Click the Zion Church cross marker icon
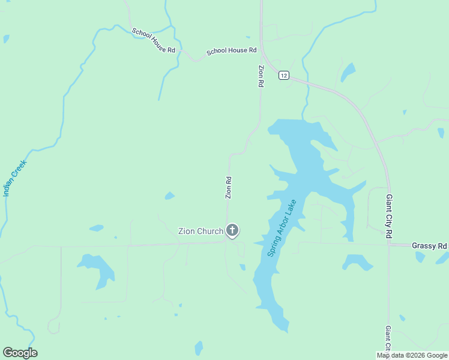[x=232, y=230]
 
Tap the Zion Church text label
[x=200, y=231]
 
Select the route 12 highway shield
[x=284, y=75]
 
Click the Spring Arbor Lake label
[x=282, y=228]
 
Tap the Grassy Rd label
[x=430, y=246]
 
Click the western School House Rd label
[x=153, y=41]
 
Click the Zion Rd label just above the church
[x=228, y=188]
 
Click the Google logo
[x=20, y=353]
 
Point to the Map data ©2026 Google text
[x=412, y=355]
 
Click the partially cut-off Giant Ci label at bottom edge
[x=388, y=340]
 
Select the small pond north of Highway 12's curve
[x=348, y=72]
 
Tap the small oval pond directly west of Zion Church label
[x=96, y=228]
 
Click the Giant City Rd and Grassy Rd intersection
[x=389, y=244]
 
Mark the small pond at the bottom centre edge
[x=199, y=348]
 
